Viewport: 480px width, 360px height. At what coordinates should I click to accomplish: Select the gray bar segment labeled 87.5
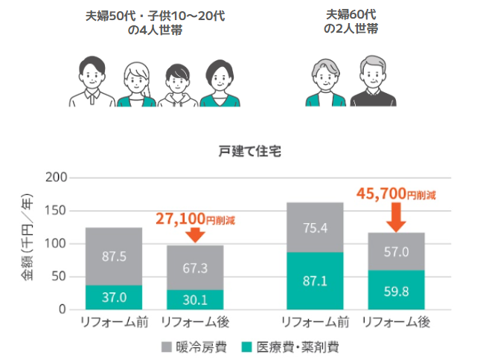click(113, 256)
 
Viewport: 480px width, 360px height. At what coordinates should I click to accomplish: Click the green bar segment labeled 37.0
click(113, 297)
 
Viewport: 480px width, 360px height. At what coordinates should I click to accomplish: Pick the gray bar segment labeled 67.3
click(194, 267)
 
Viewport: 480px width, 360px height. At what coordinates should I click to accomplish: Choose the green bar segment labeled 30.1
click(194, 299)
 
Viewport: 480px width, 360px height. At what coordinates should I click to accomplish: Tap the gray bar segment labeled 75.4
click(315, 227)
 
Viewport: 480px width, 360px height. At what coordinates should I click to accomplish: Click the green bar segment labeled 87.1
click(315, 280)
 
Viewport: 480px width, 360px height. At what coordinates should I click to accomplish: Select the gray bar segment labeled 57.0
click(396, 251)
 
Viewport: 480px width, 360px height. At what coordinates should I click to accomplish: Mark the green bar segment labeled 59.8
click(396, 289)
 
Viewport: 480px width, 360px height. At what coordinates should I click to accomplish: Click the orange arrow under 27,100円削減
click(194, 235)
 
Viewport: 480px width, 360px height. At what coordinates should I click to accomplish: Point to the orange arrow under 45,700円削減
click(396, 217)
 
